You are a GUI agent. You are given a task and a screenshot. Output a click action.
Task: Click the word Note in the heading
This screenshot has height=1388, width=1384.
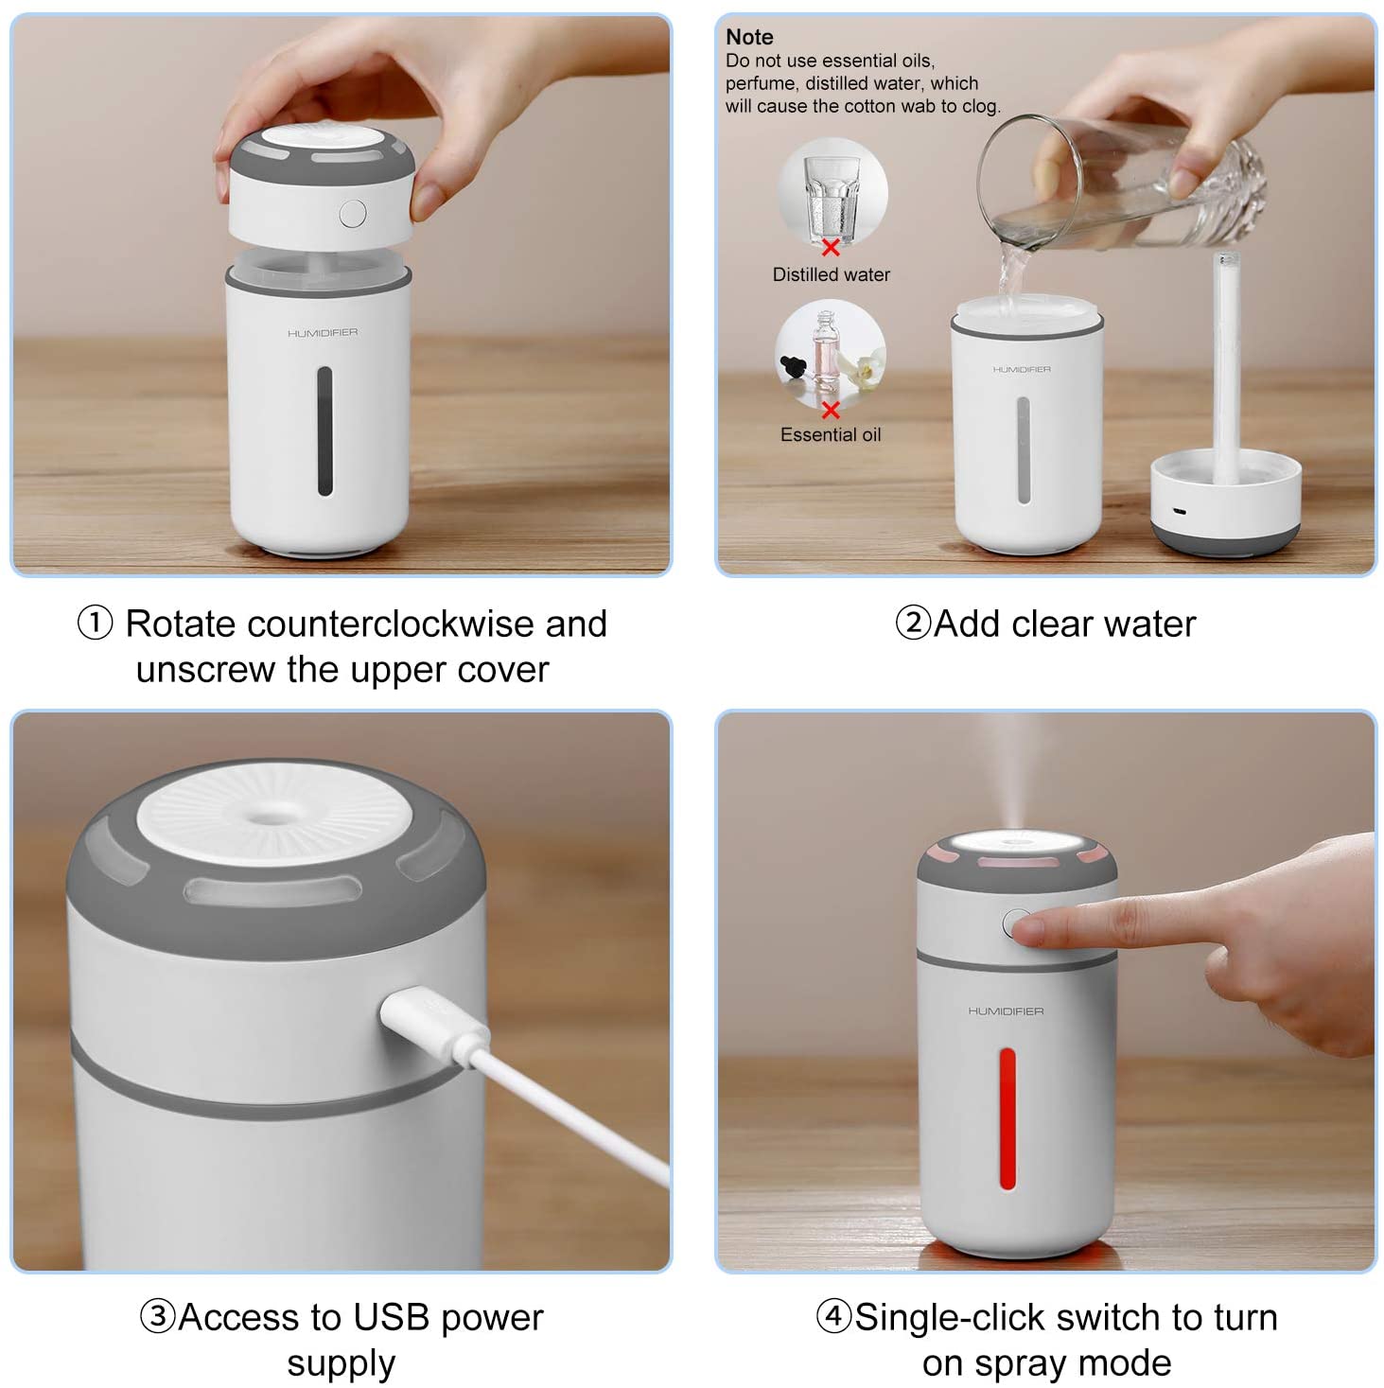[748, 37]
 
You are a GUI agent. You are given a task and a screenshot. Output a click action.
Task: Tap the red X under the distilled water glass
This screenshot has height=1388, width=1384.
[830, 248]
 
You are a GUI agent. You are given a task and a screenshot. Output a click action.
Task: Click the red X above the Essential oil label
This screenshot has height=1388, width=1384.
[830, 410]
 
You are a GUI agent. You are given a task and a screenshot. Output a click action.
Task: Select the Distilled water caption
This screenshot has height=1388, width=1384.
[831, 274]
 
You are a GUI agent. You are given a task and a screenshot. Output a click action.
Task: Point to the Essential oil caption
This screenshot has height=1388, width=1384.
[830, 434]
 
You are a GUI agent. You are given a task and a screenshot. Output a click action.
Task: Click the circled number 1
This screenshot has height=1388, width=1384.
[96, 624]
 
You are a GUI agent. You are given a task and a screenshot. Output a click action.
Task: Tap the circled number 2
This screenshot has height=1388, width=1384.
[914, 624]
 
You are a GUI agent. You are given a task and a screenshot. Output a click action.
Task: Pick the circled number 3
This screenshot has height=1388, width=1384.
[158, 1316]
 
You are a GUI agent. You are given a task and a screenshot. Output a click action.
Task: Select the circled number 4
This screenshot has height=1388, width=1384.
[834, 1316]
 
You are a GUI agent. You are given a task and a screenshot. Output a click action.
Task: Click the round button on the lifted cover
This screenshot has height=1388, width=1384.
[352, 214]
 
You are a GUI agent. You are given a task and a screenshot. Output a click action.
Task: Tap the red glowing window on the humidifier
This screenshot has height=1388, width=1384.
[1007, 1118]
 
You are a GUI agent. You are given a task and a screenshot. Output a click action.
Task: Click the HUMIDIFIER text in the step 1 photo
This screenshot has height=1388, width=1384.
[322, 333]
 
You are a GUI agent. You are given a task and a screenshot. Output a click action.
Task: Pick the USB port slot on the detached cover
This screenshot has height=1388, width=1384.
[1179, 512]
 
